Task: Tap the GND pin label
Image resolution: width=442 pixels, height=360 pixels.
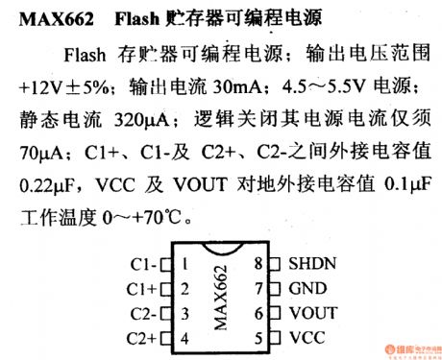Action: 307,288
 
